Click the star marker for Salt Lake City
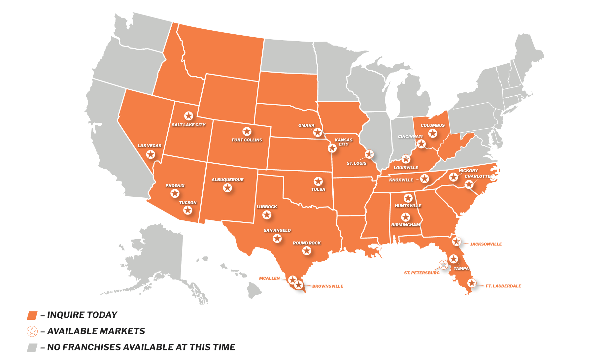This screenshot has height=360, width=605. (188, 116)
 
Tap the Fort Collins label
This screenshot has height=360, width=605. (247, 140)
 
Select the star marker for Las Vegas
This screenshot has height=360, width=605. (151, 154)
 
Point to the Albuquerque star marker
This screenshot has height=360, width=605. (227, 188)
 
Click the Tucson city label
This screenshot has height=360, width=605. (187, 203)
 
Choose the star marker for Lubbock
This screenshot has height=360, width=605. (267, 215)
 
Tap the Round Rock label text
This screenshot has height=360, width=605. (307, 243)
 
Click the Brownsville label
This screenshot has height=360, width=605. (327, 286)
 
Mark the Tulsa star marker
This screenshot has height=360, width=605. (318, 181)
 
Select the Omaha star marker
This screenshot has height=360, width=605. (317, 132)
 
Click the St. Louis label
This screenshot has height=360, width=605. (356, 163)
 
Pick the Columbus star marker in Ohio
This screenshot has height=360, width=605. (432, 133)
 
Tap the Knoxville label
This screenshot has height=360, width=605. (401, 180)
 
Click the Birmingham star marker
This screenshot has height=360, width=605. (405, 217)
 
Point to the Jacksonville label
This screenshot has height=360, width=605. (486, 244)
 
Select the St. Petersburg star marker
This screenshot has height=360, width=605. (444, 265)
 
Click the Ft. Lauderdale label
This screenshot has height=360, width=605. (503, 286)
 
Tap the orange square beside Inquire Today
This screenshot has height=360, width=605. (32, 315)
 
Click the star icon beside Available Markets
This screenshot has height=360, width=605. (32, 331)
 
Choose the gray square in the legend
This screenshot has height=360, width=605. (32, 347)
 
